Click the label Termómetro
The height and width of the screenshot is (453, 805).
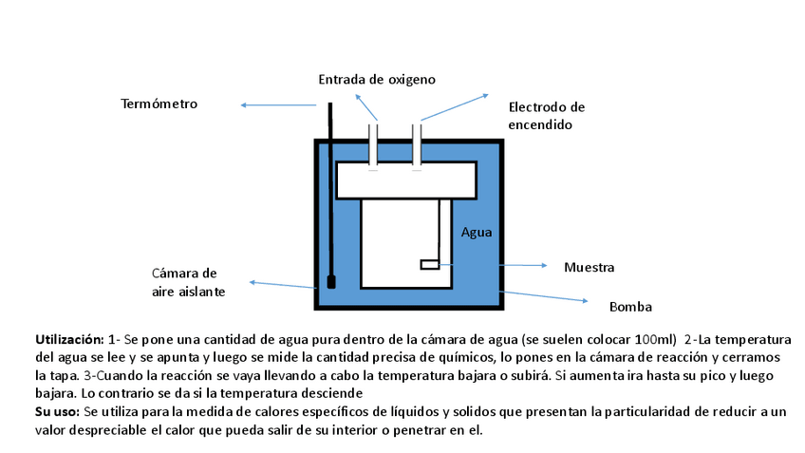click(159, 104)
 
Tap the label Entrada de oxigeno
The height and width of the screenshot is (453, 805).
click(377, 79)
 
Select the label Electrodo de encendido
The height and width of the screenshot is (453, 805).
click(546, 116)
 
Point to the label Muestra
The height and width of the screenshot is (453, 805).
click(589, 267)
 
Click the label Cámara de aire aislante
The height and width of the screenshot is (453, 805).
click(188, 283)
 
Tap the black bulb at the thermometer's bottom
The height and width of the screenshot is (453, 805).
click(331, 282)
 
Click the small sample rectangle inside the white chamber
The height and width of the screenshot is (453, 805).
click(429, 265)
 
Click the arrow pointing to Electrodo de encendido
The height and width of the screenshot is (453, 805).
click(456, 106)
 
